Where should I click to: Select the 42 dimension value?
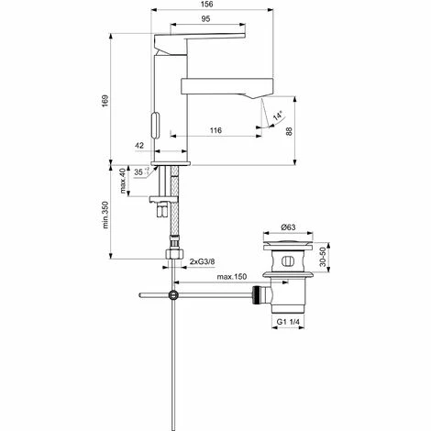[138, 145]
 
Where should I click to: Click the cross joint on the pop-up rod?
[172, 294]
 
